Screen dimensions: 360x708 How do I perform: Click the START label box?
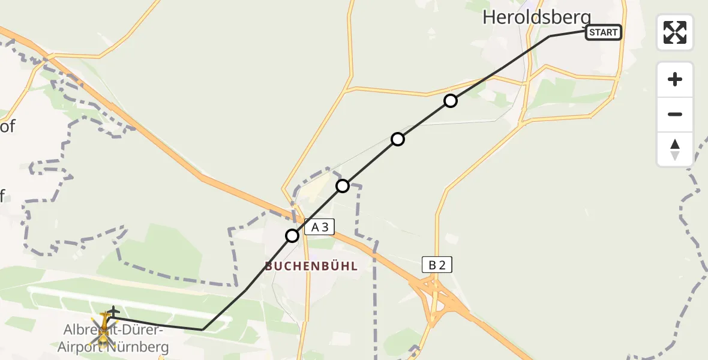(x=603, y=32)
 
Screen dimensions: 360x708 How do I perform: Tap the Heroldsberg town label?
(x=536, y=18)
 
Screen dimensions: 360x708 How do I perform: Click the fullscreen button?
(x=675, y=32)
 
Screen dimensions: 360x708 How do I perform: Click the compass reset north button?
(x=675, y=149)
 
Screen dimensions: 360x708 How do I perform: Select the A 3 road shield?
(x=319, y=227)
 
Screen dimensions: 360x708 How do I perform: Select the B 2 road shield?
(x=436, y=265)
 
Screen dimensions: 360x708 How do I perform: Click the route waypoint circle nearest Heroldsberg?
(x=451, y=101)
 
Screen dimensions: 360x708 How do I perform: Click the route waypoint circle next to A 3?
(x=292, y=236)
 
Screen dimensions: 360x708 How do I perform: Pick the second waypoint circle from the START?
(x=398, y=139)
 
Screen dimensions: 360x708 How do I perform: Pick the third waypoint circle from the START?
(x=343, y=186)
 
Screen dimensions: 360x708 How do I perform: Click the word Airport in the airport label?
(x=82, y=347)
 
